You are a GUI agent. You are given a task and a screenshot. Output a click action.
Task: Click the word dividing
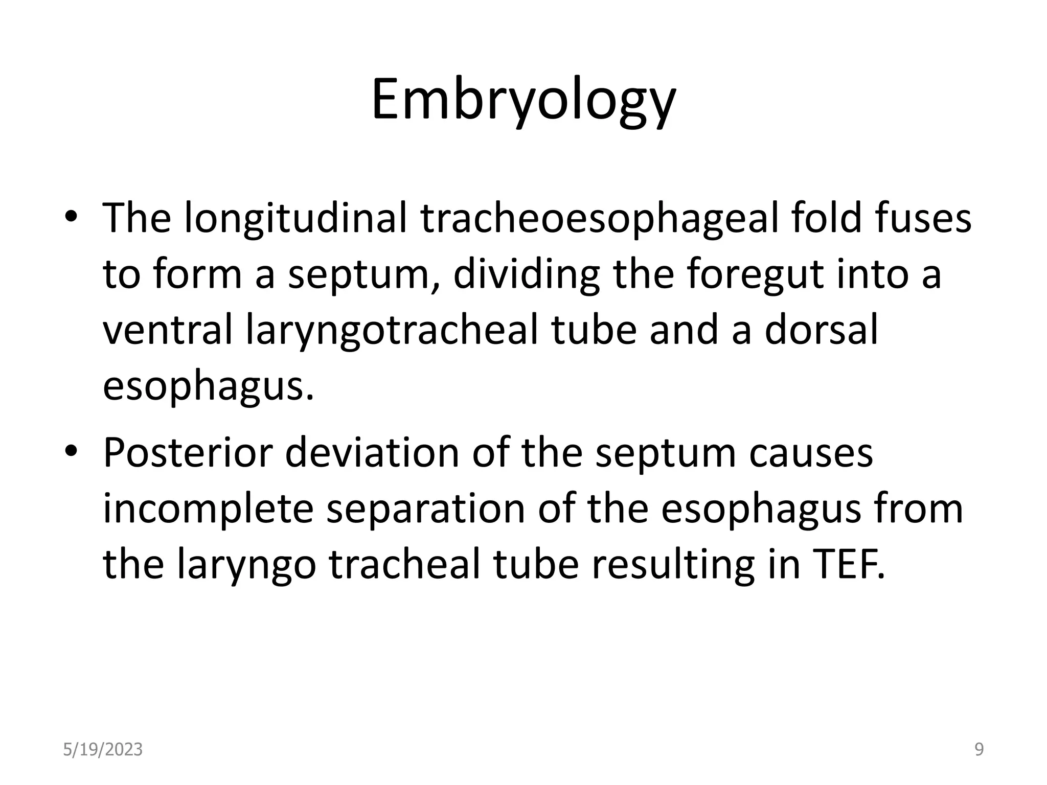[x=527, y=274]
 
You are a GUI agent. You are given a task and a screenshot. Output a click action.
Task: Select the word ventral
[x=168, y=331]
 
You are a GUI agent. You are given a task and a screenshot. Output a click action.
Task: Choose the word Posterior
[x=188, y=453]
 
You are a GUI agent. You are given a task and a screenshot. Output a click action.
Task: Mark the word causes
[x=811, y=453]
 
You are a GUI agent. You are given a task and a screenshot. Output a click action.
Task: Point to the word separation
[x=426, y=509]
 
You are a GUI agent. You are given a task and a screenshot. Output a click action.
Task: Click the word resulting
[x=673, y=565]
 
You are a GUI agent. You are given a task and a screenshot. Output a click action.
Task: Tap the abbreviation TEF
[x=841, y=565]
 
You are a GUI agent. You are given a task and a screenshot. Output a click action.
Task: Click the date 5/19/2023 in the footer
[x=103, y=750]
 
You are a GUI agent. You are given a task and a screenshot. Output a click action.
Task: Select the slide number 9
[x=979, y=750]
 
